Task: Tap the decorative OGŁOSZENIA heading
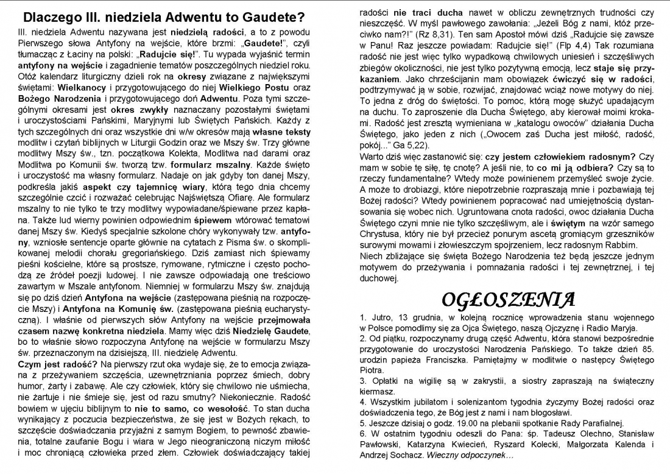[x=507, y=300]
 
